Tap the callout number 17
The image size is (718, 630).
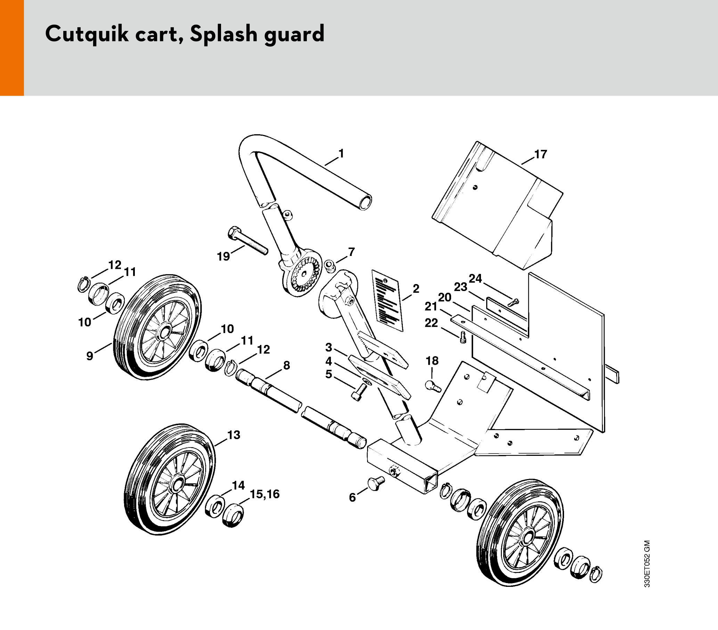pyautogui.click(x=541, y=154)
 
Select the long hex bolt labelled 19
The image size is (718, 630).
pyautogui.click(x=248, y=240)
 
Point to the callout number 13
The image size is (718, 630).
pyautogui.click(x=234, y=435)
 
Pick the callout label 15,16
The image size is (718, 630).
pyautogui.click(x=264, y=494)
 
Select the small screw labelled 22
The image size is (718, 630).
pyautogui.click(x=463, y=337)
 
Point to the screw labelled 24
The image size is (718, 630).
pyautogui.click(x=514, y=302)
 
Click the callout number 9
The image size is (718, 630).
pyautogui.click(x=90, y=356)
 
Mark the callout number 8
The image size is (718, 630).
pyautogui.click(x=287, y=365)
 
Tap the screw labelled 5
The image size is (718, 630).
pyautogui.click(x=360, y=391)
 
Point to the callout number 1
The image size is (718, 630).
pyautogui.click(x=341, y=154)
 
